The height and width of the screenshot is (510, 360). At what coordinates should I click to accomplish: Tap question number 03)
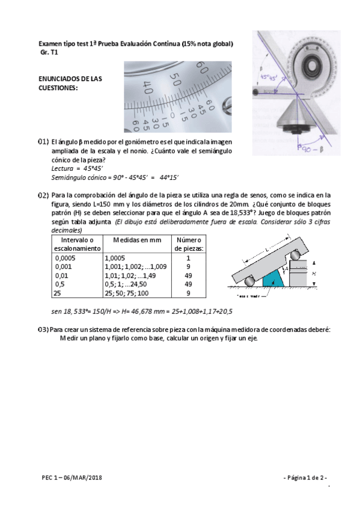[x=43, y=330]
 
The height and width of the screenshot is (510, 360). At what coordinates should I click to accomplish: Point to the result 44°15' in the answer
[x=170, y=177]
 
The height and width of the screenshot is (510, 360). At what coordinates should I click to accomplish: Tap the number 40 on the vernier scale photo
[x=147, y=91]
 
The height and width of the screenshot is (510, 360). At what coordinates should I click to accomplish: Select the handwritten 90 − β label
[x=321, y=146]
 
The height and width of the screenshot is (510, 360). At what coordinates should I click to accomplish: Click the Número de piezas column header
[x=189, y=244]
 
